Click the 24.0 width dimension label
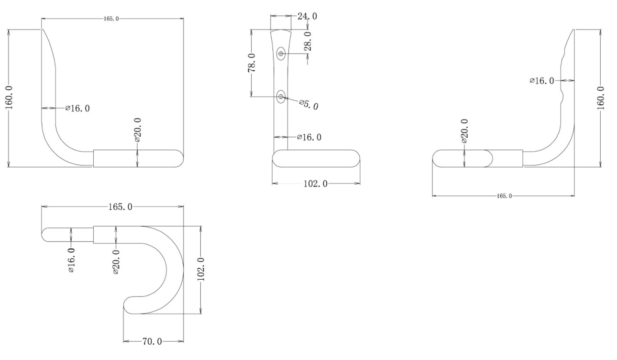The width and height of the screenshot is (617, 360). (307, 16)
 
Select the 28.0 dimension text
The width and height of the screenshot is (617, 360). (308, 41)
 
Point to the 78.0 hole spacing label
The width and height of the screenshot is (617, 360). (252, 63)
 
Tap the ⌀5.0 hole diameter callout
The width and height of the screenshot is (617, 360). (309, 104)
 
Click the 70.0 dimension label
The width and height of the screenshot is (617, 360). (152, 341)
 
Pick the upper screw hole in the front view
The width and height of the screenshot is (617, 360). (281, 54)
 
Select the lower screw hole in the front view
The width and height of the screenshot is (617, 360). (281, 97)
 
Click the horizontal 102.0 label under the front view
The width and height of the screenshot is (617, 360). (315, 184)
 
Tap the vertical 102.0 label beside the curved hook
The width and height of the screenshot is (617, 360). (201, 269)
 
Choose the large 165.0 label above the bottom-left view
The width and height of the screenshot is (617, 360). (121, 207)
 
